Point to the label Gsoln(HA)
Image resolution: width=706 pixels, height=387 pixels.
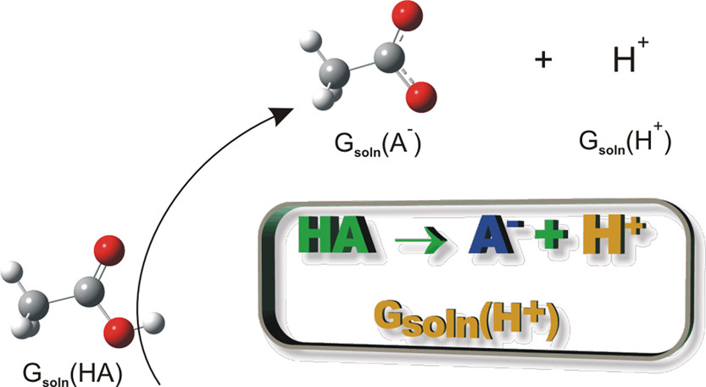(x=72, y=371)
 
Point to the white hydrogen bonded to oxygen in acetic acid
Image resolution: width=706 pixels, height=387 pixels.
(x=155, y=322)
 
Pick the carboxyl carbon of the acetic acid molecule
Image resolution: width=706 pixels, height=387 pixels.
(x=87, y=294)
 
